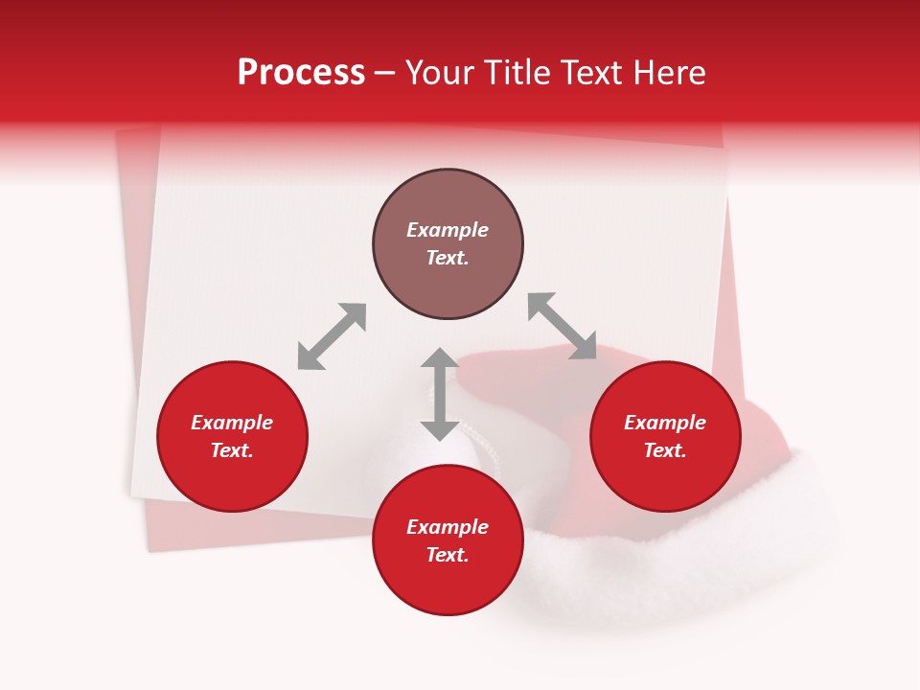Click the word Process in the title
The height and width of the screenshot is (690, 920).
301,73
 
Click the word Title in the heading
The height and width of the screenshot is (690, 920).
516,73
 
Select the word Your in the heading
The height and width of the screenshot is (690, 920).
442,73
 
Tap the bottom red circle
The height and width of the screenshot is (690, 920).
448,585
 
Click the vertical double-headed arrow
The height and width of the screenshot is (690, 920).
440,394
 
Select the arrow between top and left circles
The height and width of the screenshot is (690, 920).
332,336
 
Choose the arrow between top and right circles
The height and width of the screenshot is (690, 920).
563,327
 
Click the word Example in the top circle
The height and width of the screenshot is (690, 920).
448,230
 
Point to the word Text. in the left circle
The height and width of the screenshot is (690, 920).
232,450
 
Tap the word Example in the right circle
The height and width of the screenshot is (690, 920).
665,423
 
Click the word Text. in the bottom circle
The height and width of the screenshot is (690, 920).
448,555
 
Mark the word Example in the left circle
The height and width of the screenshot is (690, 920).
232,423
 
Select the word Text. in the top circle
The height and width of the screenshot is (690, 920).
448,258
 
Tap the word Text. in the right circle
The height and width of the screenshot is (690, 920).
665,450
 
